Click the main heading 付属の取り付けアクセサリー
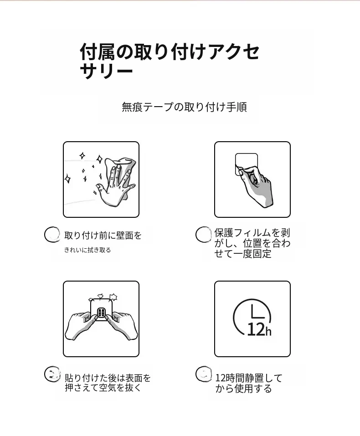pyautogui.click(x=170, y=61)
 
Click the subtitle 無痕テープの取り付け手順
pyautogui.click(x=184, y=107)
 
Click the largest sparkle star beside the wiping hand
pyautogui.click(x=67, y=179)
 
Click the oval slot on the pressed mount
pyautogui.click(x=101, y=313)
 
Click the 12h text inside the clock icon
pyautogui.click(x=259, y=330)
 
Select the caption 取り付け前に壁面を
pyautogui.click(x=103, y=236)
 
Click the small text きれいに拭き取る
pyautogui.click(x=87, y=250)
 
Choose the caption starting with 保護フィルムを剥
pyautogui.click(x=252, y=243)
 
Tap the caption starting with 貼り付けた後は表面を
pyautogui.click(x=108, y=383)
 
